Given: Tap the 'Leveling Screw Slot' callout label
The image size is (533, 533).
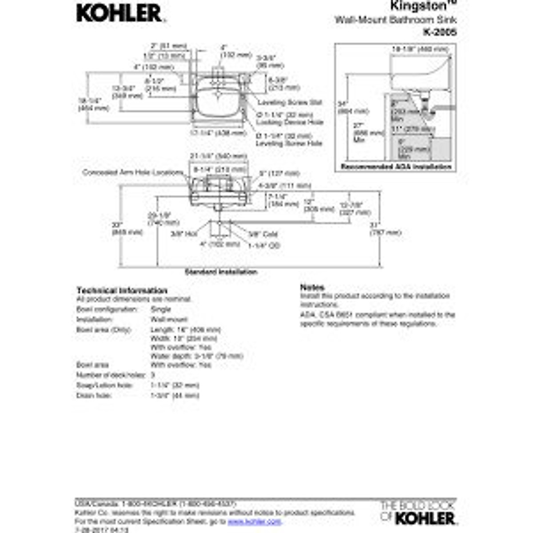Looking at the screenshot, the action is point(290,103).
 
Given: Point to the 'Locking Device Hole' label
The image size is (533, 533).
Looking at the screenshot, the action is point(290,122).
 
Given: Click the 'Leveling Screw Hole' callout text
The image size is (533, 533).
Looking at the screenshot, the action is point(289,143).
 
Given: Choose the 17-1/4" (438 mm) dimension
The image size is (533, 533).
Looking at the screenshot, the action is point(218,133).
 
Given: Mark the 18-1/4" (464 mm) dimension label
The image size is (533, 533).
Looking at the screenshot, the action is point(93,104).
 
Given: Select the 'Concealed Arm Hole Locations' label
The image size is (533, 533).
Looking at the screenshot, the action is point(133,172).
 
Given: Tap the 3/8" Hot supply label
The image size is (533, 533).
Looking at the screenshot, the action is point(184,234).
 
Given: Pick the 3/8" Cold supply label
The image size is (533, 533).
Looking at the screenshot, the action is point(263,234).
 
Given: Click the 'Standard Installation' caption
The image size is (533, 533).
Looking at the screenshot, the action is point(221,272).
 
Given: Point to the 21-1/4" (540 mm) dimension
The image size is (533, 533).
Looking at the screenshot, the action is point(218,156).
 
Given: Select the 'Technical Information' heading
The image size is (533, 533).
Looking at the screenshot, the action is point(122,290).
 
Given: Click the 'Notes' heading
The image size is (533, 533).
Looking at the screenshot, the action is point(312,287).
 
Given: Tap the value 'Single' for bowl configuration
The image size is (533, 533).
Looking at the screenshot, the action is point(160,309).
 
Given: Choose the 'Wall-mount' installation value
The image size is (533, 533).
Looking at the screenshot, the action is point(169,319).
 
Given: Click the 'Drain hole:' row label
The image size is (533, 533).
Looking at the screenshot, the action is point(94,395).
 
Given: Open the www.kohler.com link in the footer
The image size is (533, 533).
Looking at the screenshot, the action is point(255,521).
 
